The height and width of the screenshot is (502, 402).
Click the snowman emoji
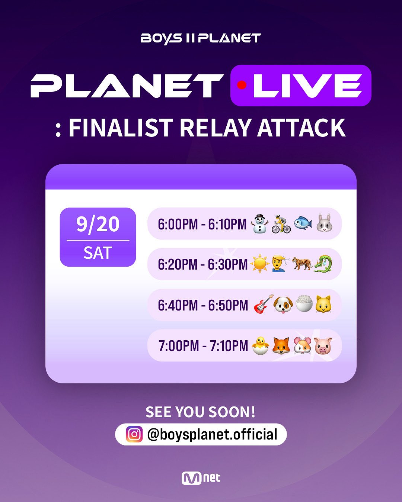[x=259, y=224]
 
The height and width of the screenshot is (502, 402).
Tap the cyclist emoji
[x=281, y=224]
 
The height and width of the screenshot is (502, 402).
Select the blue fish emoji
[x=303, y=223]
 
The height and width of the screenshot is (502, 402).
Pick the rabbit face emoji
[x=324, y=223]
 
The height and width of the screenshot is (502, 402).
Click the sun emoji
[x=259, y=264]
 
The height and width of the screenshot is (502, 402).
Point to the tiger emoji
[x=302, y=264]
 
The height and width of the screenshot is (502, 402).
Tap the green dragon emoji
[x=323, y=264]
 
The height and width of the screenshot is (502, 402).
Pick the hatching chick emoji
[x=260, y=346]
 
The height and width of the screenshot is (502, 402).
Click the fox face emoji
[x=281, y=345]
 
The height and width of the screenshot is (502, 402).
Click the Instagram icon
[x=134, y=434]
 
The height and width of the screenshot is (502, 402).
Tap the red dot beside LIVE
[x=242, y=85]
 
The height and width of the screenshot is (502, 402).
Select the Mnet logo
[x=201, y=478]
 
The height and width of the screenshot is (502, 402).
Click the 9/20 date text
[x=98, y=224]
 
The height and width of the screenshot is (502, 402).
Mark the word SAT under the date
[x=98, y=253]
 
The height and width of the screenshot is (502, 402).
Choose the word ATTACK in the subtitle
[x=301, y=128]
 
